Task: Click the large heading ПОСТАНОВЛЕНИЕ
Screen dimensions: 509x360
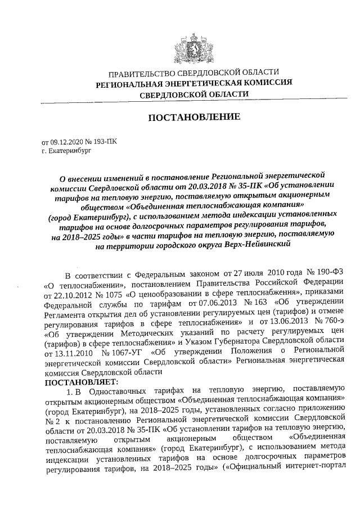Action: [193, 118]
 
